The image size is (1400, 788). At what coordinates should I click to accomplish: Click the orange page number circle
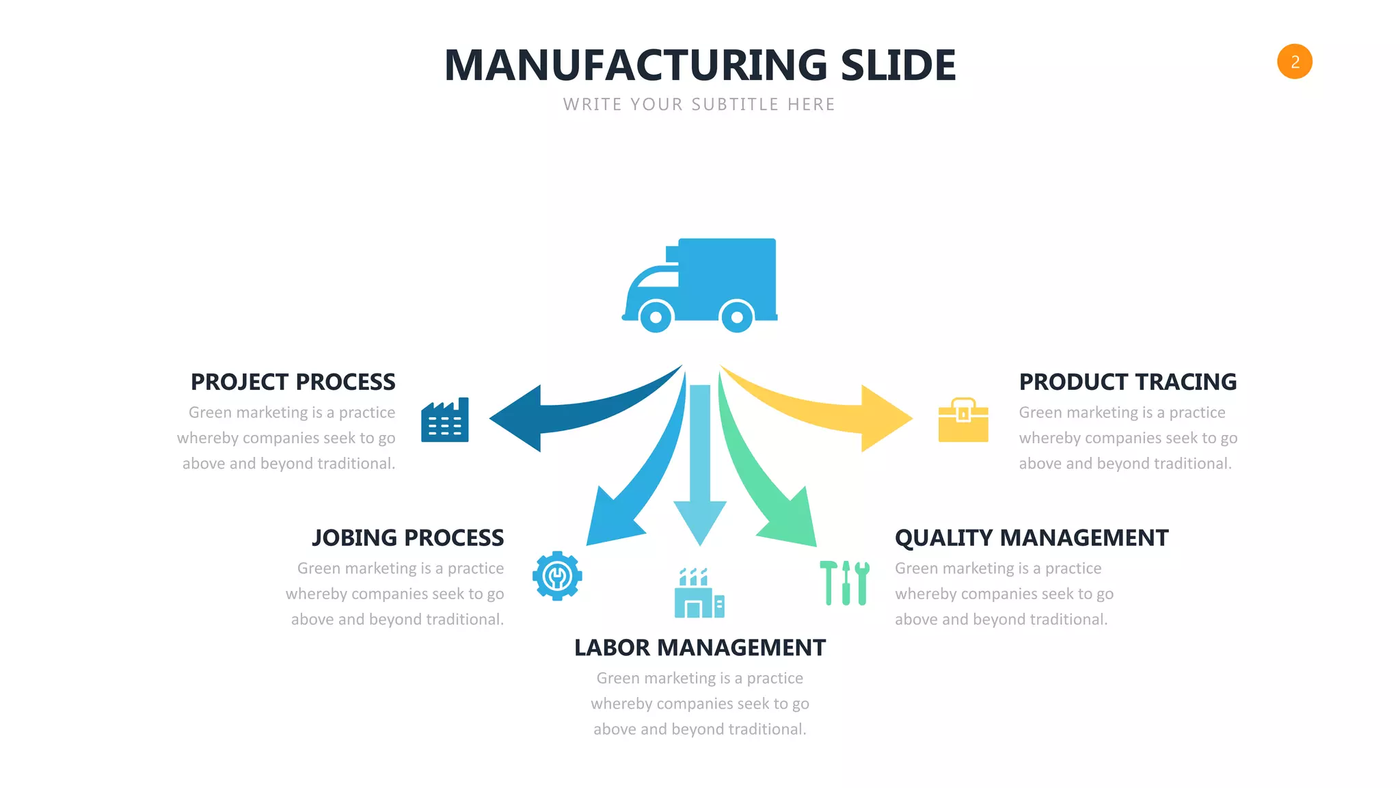1294,62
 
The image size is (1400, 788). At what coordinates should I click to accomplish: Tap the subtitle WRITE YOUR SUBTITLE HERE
699,105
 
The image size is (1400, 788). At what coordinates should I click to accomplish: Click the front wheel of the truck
656,317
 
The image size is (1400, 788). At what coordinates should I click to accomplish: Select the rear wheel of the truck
737,317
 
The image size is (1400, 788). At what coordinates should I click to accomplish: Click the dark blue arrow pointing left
540,417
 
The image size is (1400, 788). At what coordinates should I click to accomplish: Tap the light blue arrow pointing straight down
700,479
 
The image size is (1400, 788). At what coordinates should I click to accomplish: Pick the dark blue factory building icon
445,421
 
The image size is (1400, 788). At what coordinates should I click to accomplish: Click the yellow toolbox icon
962,421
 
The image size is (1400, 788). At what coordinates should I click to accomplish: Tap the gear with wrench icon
557,576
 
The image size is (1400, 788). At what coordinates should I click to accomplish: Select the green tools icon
845,583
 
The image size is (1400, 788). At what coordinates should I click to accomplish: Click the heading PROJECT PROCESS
293,382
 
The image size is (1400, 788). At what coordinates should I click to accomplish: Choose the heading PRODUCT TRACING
1127,382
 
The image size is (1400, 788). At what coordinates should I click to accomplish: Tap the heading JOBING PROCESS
407,538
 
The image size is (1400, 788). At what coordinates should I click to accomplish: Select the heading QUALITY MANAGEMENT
1031,538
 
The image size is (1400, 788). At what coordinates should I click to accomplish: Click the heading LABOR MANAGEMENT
699,648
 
